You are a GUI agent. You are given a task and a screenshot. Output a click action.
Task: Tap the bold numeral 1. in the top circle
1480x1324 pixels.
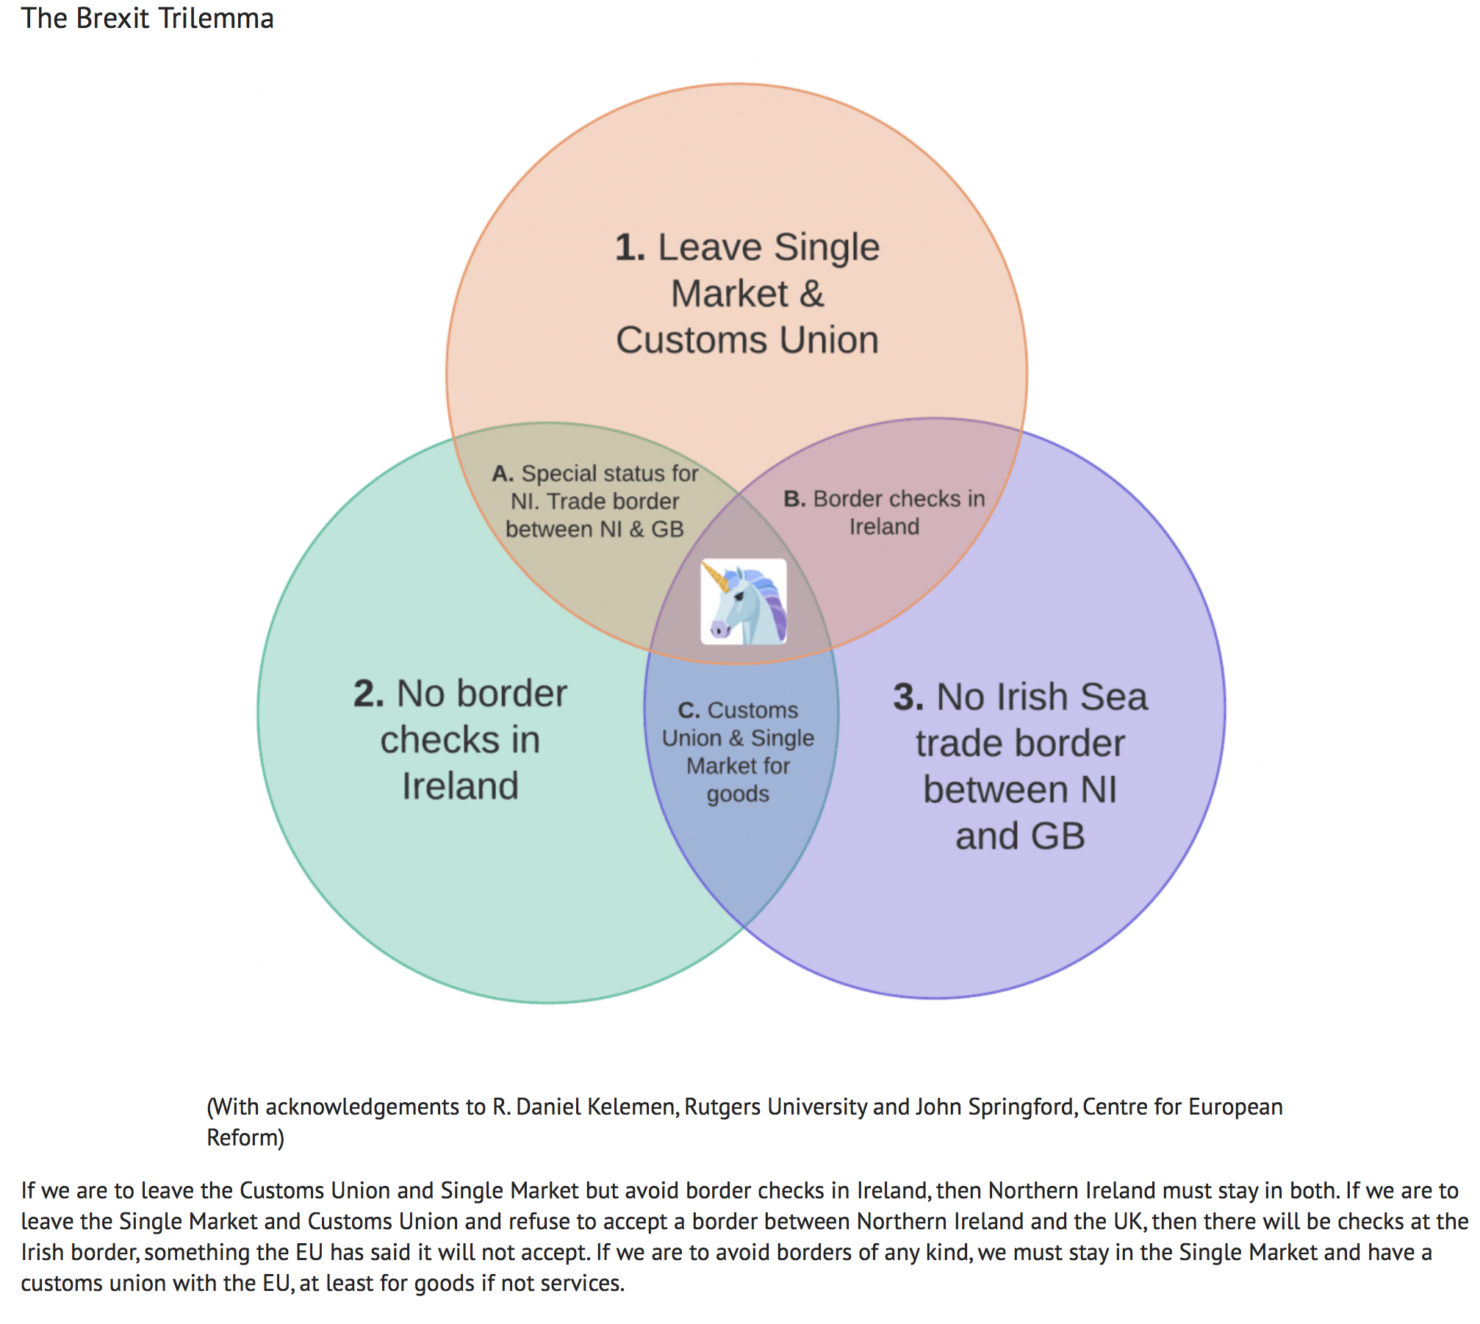630,248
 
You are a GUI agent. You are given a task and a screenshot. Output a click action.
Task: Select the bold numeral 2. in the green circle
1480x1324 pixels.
368,694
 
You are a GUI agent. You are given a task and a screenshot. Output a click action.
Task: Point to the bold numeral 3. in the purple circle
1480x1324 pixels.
908,697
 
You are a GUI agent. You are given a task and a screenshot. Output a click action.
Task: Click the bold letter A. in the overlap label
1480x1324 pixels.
503,474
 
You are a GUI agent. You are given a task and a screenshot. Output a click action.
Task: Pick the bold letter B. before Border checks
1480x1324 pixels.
794,499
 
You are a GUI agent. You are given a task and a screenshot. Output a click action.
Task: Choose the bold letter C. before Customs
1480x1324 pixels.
689,710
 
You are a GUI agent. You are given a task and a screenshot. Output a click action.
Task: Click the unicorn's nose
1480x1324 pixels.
716,630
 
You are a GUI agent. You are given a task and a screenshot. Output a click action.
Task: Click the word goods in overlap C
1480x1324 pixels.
738,795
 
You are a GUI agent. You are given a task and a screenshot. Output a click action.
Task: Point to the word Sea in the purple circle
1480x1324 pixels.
1113,697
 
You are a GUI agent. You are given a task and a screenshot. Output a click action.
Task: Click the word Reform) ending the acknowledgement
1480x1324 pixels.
245,1137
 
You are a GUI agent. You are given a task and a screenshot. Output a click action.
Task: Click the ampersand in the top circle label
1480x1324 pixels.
811,295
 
